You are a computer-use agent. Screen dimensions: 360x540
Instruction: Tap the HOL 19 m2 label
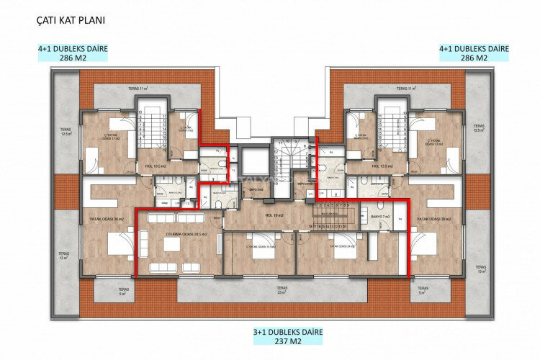pos(270,215)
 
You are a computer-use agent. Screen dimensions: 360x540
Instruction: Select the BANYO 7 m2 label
pos(381,216)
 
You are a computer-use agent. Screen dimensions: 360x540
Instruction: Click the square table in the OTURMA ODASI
pos(171,246)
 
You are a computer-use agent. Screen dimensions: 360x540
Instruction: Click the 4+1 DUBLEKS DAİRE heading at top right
pos(474,49)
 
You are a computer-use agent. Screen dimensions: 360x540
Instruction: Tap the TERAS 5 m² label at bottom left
pos(122,292)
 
